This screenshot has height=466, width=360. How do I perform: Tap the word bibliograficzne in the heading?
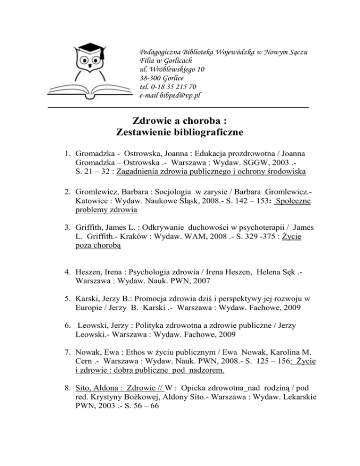click(x=206, y=132)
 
